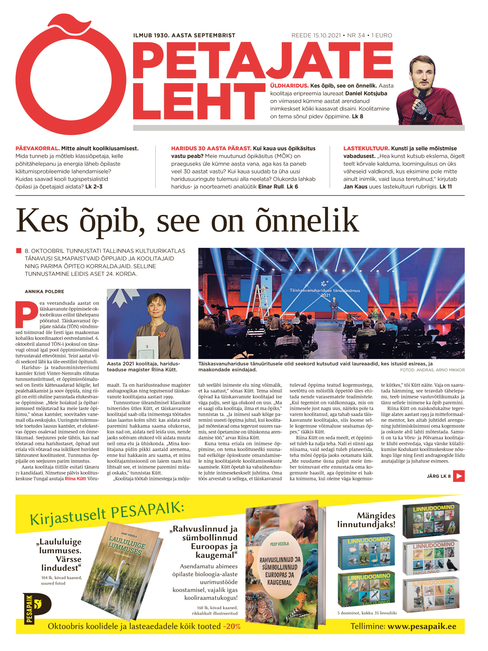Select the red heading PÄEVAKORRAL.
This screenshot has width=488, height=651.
(37, 149)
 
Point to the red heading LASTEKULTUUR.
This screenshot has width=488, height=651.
(366, 149)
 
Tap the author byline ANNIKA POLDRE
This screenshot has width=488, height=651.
(44, 292)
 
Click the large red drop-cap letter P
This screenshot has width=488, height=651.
(26, 314)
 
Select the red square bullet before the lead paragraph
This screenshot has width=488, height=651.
(19, 251)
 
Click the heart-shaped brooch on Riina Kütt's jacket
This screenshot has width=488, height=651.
(161, 335)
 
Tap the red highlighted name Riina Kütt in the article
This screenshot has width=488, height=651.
(75, 479)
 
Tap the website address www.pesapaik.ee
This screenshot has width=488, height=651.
(422, 626)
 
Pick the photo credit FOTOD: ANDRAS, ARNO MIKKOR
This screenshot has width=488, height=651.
(432, 370)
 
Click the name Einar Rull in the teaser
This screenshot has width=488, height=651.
(271, 187)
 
